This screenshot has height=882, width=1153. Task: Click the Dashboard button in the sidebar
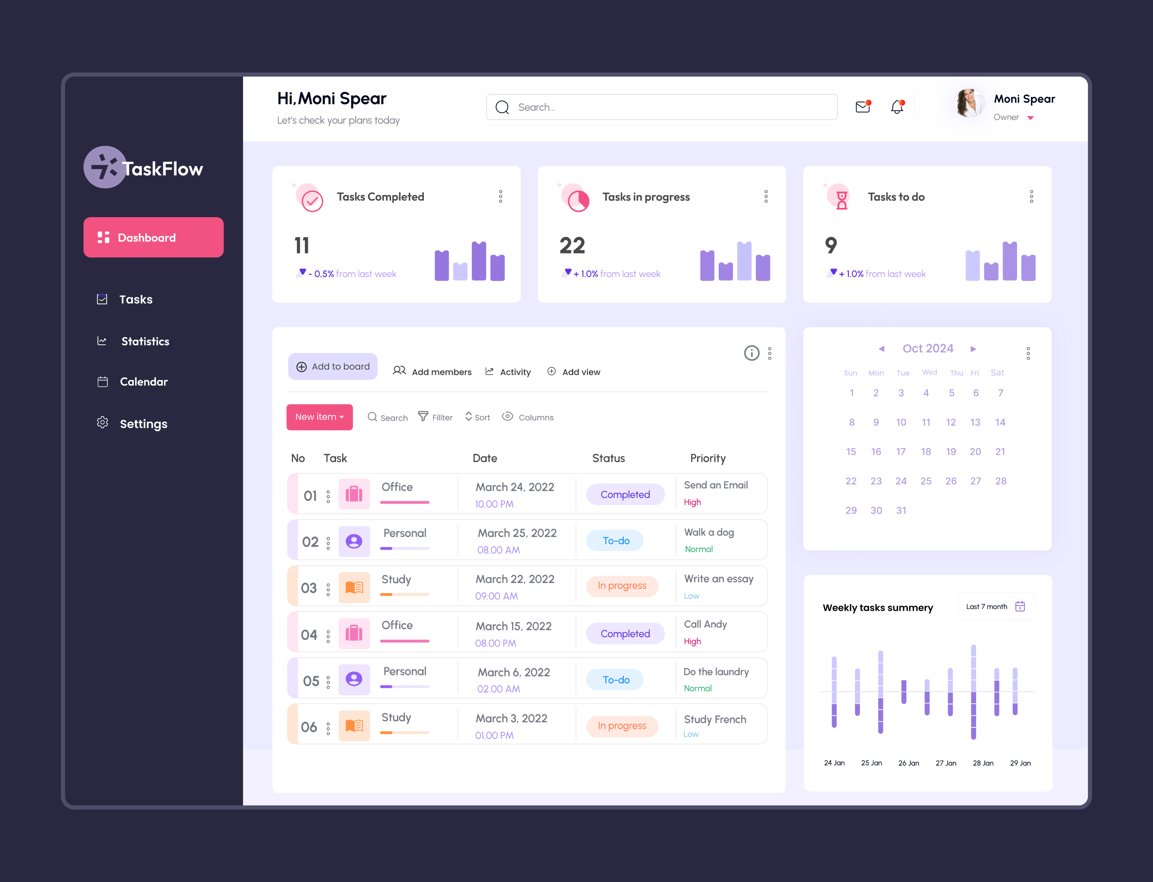coord(153,237)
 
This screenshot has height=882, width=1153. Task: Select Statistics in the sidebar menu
coord(145,341)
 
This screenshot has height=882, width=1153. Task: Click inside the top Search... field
coord(662,107)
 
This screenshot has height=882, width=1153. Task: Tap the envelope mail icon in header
coord(863,107)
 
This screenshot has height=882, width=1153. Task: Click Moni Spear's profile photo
coord(969,103)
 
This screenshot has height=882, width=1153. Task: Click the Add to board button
coord(333,366)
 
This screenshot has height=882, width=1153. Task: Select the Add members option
coord(433,372)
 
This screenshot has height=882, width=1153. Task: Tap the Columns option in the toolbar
coord(528,417)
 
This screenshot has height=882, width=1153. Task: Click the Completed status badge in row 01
coord(625,495)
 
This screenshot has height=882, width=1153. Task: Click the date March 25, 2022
coord(517,533)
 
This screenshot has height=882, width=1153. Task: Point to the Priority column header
coord(707,458)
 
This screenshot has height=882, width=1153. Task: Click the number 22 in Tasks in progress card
coord(572,246)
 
